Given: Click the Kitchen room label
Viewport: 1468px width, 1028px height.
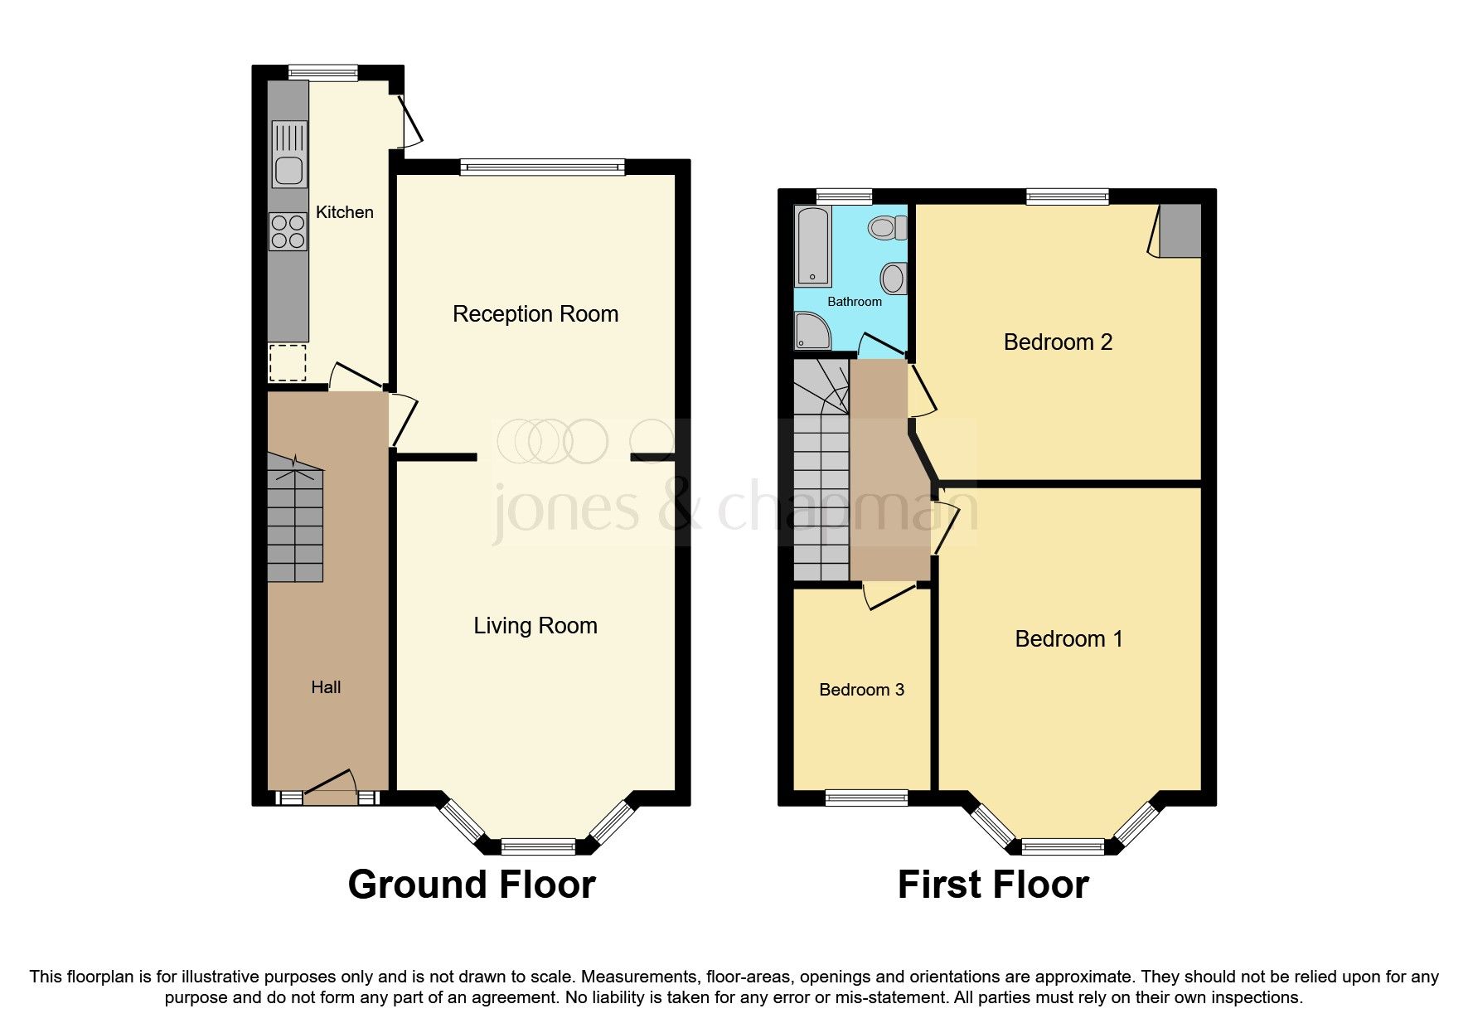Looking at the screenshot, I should coord(344,212).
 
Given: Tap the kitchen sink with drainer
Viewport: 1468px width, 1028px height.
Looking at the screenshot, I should coord(288,154).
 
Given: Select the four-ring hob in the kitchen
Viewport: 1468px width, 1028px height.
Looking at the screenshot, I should coord(288,231).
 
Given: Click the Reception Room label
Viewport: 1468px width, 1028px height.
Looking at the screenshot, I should coord(535,314).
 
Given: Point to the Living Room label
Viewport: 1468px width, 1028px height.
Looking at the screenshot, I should coord(535,626).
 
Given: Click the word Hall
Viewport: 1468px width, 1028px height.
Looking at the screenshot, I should coord(326,687).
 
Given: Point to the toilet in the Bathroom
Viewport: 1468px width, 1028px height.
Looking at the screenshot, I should coord(892,227).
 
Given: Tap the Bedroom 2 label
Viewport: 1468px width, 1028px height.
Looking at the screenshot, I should coord(1058,342).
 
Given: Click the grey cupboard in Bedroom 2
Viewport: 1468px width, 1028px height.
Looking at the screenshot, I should coord(1180,231).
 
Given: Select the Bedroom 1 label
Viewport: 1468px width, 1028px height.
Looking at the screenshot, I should coord(1068,639).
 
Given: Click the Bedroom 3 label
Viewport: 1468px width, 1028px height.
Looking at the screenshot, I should coord(861,690).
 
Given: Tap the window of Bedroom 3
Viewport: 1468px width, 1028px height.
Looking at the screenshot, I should coord(866,798).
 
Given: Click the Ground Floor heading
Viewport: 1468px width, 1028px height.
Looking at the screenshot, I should coord(472,885).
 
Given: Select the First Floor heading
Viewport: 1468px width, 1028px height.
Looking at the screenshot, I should coord(993,885).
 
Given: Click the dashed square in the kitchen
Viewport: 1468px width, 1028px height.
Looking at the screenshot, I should coord(288,362).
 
